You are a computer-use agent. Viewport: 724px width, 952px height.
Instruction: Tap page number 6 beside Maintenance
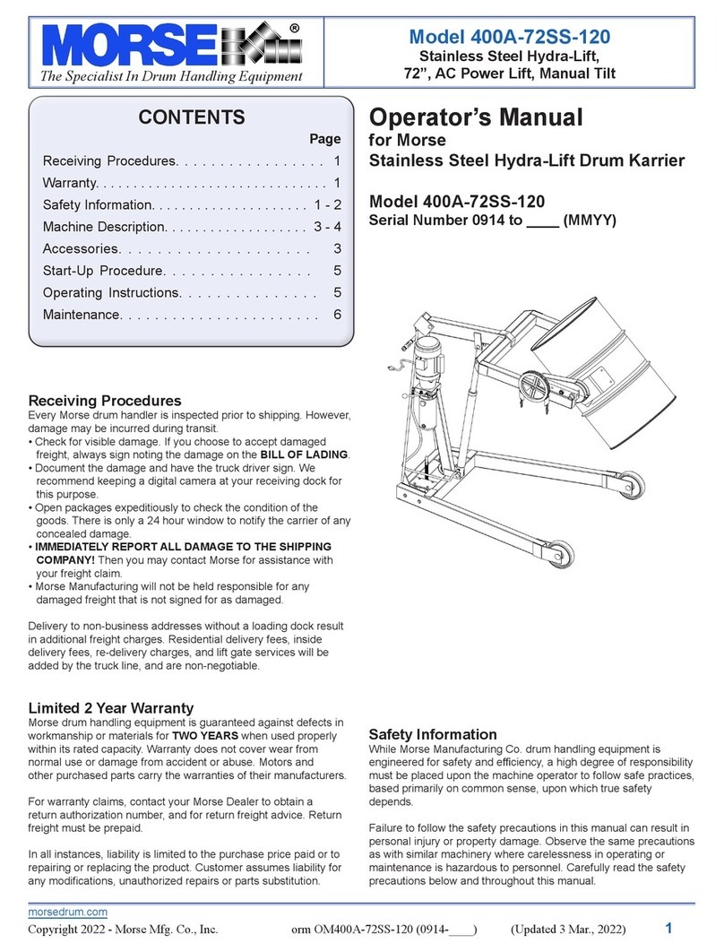pos(337,315)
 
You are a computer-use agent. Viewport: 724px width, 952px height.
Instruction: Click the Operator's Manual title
pos(476,117)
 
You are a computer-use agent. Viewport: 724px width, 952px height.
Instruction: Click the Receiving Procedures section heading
pos(105,401)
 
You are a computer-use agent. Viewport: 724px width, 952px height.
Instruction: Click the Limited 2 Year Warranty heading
pos(110,708)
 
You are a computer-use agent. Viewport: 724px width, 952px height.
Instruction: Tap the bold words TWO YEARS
pos(202,736)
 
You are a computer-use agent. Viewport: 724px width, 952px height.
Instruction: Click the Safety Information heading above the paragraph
pos(433,733)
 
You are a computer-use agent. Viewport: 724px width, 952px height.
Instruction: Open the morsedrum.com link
pos(68,912)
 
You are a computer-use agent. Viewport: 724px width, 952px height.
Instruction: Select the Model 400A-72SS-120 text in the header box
pos(511,37)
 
